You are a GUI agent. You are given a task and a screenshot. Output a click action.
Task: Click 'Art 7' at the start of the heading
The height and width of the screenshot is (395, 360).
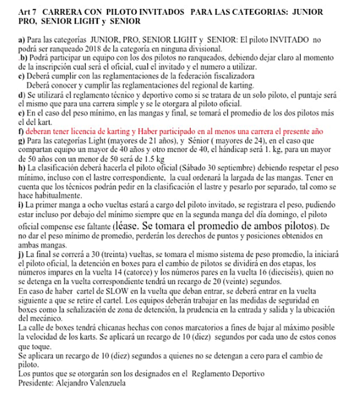click(26, 11)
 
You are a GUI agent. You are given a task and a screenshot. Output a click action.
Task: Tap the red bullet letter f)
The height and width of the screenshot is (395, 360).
click(21, 132)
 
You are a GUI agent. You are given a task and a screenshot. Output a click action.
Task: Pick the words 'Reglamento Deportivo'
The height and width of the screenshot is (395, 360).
click(229, 373)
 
